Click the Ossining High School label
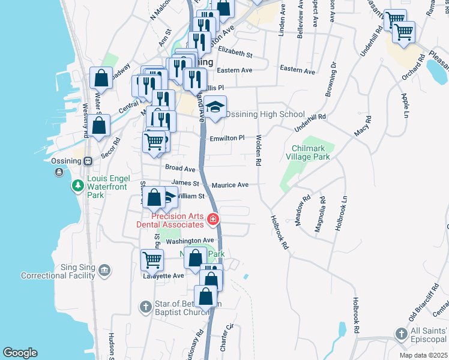click(268, 115)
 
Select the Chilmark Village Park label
click(311, 152)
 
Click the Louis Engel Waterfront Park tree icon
click(77, 187)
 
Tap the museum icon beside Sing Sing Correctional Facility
click(105, 272)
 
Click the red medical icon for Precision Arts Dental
click(212, 220)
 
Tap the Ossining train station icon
click(87, 161)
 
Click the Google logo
click(20, 353)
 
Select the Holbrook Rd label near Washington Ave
click(279, 233)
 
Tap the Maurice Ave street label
click(229, 185)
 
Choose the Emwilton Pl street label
click(227, 138)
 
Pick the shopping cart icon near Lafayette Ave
click(152, 260)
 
